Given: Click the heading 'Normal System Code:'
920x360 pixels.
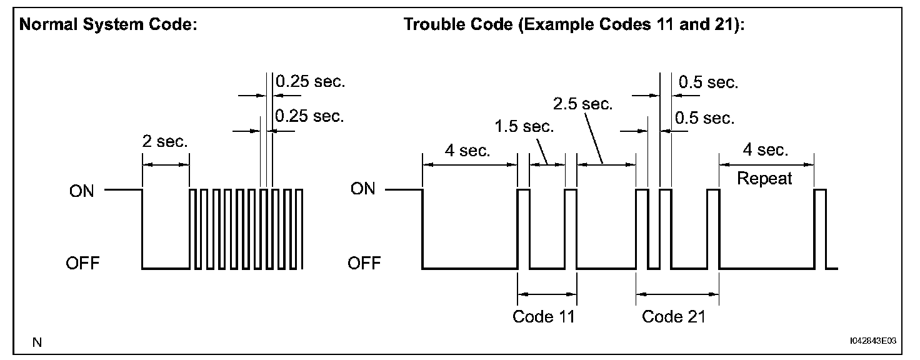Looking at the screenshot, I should (x=109, y=26).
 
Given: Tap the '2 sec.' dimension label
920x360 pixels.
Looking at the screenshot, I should (x=166, y=142).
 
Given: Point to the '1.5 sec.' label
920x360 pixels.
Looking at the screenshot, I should (x=524, y=127).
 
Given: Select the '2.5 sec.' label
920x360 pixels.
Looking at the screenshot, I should (x=583, y=103).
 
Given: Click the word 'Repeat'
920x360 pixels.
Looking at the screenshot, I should (x=764, y=179).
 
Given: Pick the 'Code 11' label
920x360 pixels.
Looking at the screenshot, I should (x=543, y=316).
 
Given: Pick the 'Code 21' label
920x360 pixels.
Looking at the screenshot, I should (x=673, y=316).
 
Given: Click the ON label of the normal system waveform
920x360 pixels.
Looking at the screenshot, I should (x=82, y=190).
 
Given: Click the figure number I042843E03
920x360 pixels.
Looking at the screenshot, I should (x=872, y=341).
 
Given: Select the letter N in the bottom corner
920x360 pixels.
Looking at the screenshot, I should (x=37, y=342).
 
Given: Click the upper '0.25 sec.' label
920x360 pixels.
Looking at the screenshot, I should (x=311, y=81).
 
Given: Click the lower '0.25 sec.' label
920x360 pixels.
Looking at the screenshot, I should (x=309, y=116).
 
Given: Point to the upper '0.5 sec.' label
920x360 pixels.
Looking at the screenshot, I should (x=708, y=82).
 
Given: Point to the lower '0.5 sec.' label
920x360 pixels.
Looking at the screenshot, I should (x=705, y=118).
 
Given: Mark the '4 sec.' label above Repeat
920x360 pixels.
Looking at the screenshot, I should (x=766, y=151).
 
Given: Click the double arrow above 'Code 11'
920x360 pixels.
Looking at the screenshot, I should (x=547, y=293).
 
